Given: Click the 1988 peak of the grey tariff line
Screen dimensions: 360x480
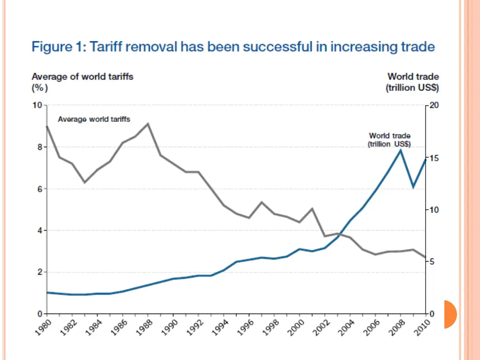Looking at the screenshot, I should click(x=148, y=124).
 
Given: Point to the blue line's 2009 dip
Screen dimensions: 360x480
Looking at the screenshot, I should click(x=413, y=187).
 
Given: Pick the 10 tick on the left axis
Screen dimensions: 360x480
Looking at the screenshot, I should click(x=37, y=105).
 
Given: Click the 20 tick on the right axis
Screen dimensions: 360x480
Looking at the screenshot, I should click(x=434, y=105).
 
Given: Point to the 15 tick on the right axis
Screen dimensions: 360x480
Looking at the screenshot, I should click(x=434, y=157).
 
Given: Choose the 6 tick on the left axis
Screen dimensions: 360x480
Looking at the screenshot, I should click(x=38, y=189).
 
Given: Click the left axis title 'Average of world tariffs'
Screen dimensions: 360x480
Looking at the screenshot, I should click(x=82, y=76).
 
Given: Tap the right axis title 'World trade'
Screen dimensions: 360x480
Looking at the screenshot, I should click(x=413, y=76).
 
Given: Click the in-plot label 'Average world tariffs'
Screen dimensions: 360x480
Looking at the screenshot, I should click(x=94, y=120).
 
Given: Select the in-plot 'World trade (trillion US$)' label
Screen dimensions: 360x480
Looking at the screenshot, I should click(x=390, y=140).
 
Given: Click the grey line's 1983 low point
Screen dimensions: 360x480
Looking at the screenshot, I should click(x=85, y=182).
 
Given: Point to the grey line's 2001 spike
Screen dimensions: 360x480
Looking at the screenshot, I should click(x=312, y=209).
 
